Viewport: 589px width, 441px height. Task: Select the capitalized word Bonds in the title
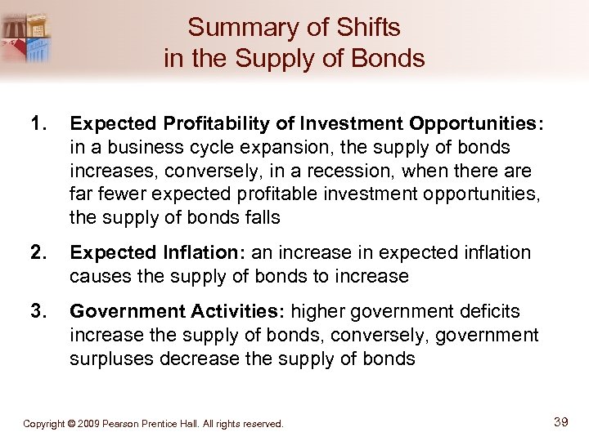coord(391,59)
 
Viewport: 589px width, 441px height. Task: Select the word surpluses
coord(110,358)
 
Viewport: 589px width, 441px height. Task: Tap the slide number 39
coord(561,421)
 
